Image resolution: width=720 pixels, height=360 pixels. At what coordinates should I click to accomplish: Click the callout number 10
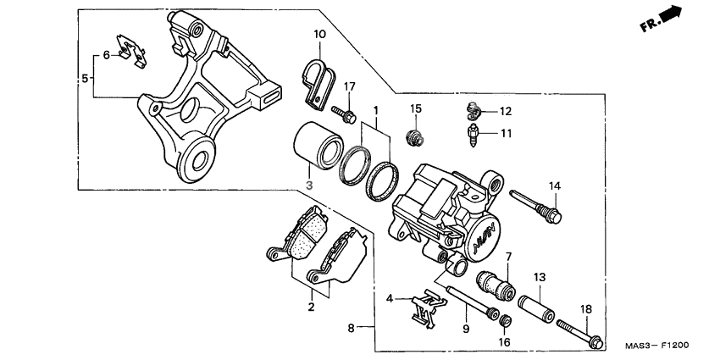(319, 34)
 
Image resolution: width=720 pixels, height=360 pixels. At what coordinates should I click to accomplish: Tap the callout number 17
(349, 86)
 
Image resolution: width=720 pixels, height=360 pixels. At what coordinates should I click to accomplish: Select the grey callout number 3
(309, 184)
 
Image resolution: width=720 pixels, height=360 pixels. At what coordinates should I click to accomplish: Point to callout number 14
(555, 186)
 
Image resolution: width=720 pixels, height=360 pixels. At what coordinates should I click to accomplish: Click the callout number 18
(584, 310)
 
